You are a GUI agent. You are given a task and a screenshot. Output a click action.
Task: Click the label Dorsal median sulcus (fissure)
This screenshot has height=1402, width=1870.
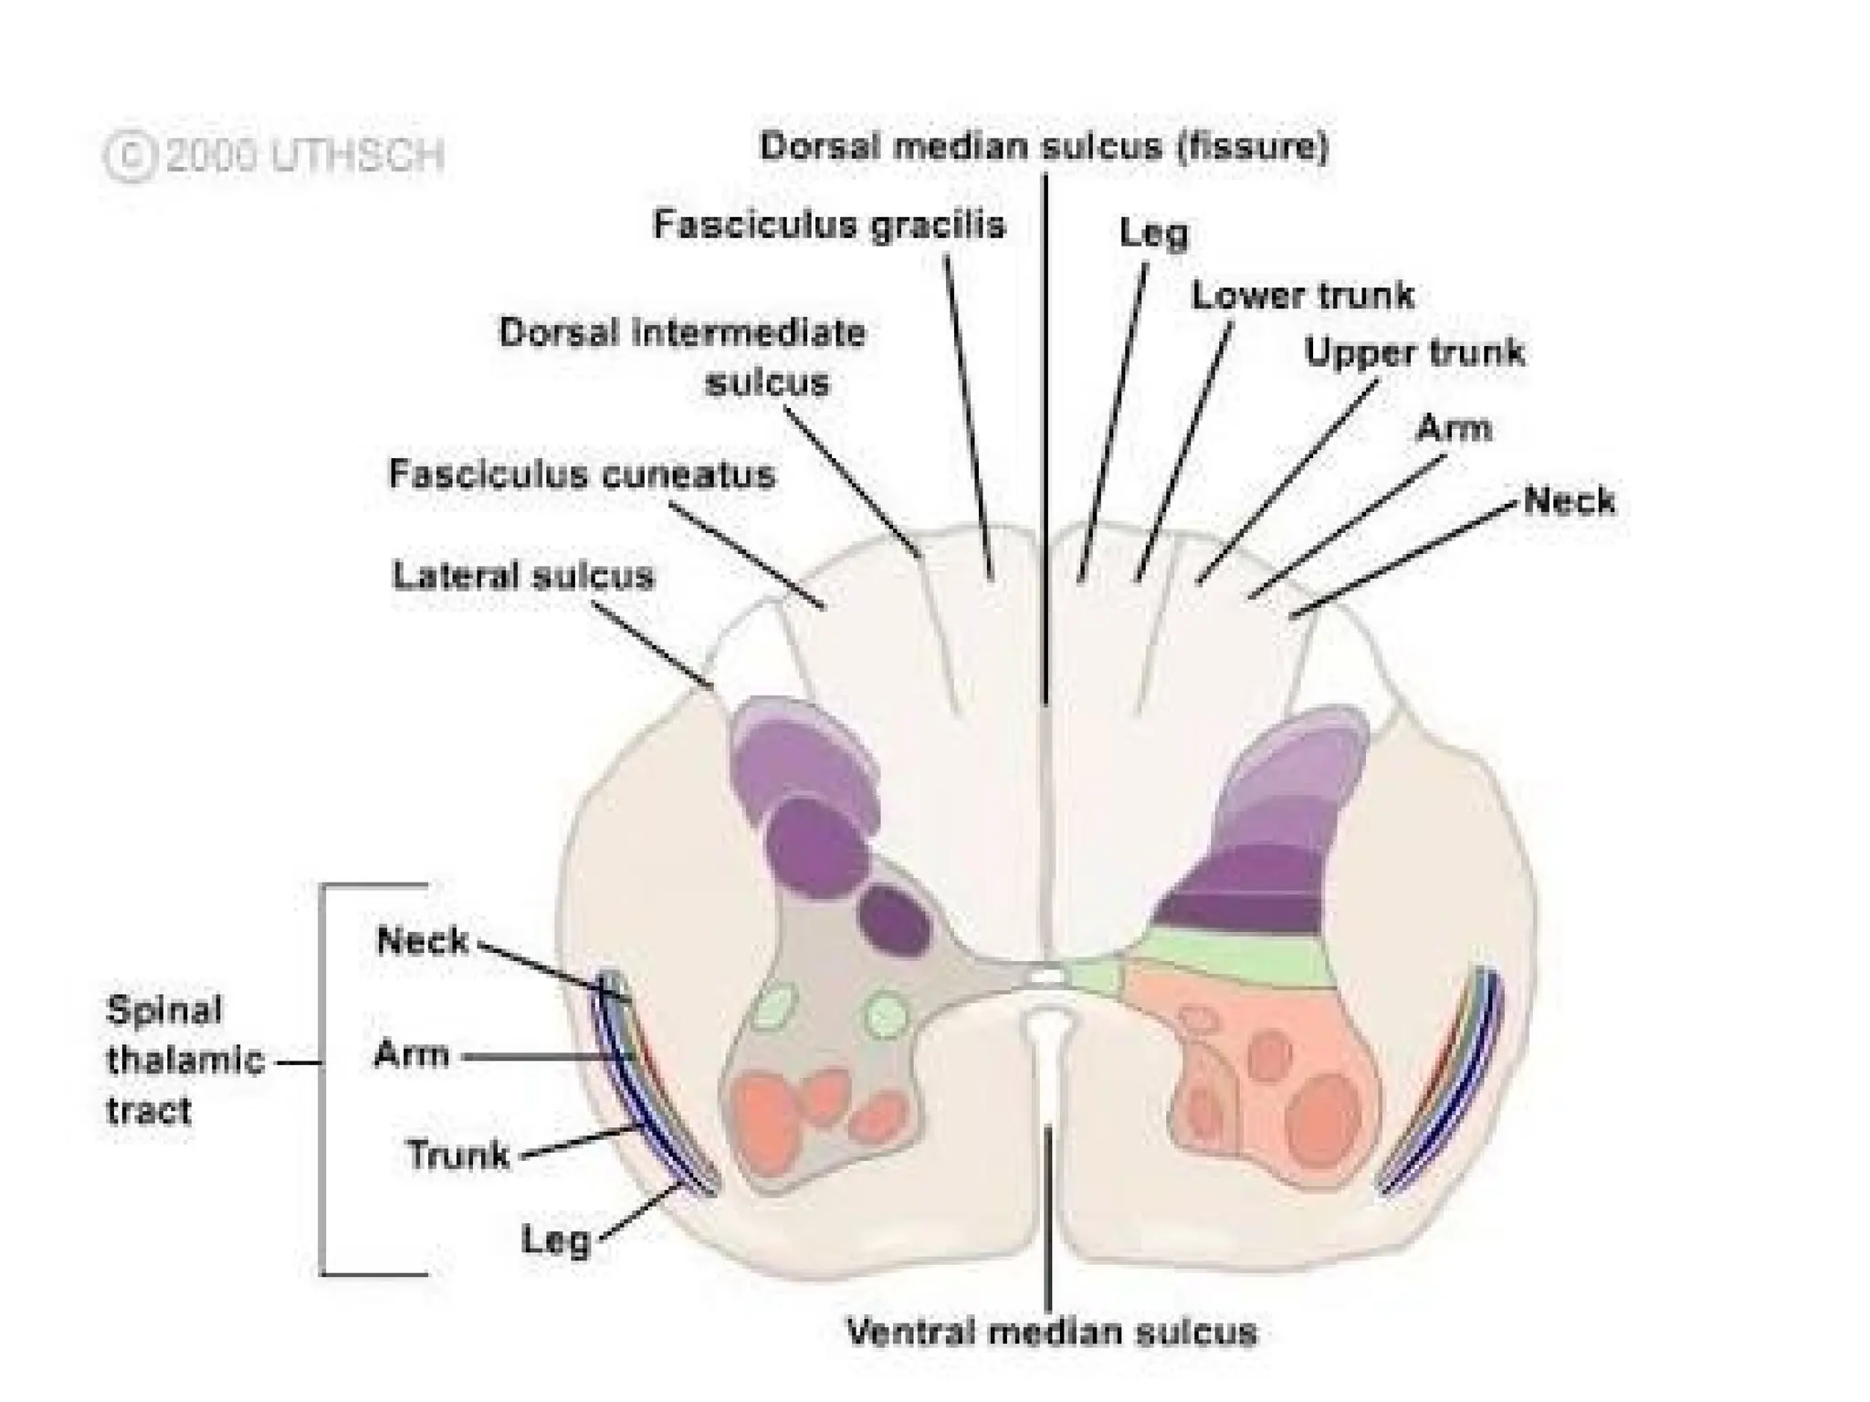[1044, 147]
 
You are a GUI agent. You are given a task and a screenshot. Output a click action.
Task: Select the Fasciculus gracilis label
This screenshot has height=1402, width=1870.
[829, 225]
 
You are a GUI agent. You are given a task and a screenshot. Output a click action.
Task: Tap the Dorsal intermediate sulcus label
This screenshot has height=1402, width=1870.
[683, 357]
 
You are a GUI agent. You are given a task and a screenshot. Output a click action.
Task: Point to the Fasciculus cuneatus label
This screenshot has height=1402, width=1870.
[582, 474]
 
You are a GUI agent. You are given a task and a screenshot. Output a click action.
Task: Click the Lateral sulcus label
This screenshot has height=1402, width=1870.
[523, 576]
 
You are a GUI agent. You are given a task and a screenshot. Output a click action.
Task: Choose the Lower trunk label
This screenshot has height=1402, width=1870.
[1303, 295]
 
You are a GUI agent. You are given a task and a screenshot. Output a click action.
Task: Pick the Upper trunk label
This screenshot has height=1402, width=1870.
[1414, 352]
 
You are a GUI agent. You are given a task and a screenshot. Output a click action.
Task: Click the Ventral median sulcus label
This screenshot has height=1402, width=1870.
[1052, 1332]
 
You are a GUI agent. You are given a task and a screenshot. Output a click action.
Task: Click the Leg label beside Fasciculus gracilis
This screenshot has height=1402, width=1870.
[1154, 233]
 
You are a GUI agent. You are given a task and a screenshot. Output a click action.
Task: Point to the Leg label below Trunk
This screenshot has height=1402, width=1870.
[556, 1240]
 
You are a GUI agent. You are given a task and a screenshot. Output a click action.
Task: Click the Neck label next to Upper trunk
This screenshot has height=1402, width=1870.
[1570, 500]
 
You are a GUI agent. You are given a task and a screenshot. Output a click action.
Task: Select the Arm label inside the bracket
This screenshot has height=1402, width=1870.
[412, 1055]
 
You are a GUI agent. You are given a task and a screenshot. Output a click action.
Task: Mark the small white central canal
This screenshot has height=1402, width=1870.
[1047, 977]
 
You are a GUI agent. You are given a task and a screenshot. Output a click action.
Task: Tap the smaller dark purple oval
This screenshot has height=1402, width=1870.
[896, 919]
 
